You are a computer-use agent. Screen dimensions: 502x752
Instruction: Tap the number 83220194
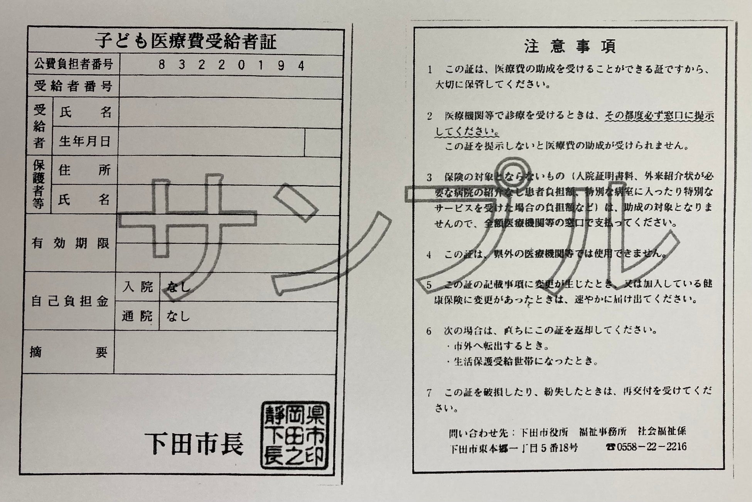click(x=232, y=66)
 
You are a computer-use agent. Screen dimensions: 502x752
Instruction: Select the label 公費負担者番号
click(x=74, y=64)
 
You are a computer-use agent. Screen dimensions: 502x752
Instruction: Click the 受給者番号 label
click(x=74, y=86)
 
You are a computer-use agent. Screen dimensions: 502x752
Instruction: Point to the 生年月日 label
click(x=85, y=142)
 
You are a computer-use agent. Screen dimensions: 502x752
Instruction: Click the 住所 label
click(x=85, y=170)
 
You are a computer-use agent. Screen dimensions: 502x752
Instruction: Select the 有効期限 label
click(x=71, y=244)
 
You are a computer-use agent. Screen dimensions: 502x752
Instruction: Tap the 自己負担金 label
click(x=70, y=301)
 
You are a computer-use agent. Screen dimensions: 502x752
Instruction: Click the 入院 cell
click(x=138, y=287)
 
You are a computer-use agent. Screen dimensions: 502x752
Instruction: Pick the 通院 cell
click(x=137, y=316)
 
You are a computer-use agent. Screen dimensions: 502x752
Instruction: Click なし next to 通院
click(x=178, y=317)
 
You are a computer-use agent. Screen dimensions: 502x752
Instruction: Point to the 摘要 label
click(x=69, y=352)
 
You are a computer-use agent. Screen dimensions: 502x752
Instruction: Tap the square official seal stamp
click(x=295, y=435)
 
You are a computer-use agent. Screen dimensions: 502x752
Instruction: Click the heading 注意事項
click(x=570, y=46)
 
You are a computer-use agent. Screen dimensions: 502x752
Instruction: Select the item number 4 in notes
click(x=429, y=255)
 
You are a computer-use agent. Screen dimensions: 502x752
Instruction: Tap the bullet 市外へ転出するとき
click(x=498, y=346)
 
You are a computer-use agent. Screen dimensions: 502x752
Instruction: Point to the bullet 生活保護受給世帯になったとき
click(x=523, y=362)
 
